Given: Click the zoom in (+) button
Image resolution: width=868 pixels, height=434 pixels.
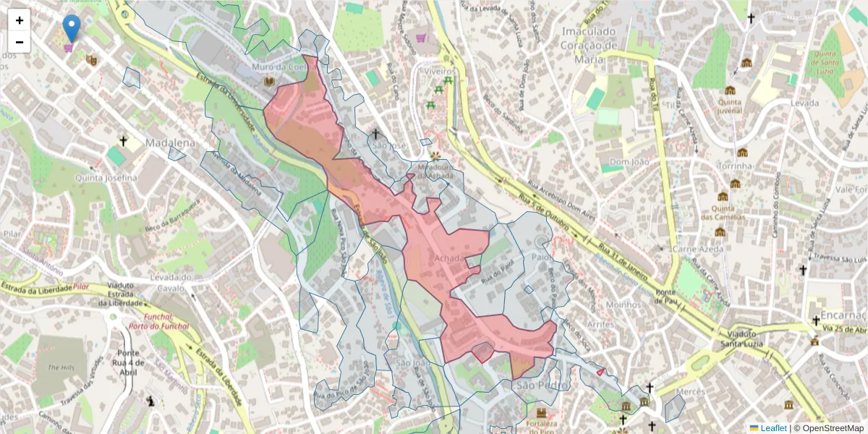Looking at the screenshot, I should [20, 20].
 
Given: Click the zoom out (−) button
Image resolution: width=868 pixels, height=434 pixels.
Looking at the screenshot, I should [20, 42].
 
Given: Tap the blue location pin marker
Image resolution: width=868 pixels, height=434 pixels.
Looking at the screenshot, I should [72, 28].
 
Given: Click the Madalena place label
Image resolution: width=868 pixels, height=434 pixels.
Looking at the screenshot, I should [171, 143].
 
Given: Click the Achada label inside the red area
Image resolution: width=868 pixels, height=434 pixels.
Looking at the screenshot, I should [449, 258].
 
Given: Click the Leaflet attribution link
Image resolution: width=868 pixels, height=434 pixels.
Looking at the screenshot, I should [773, 428].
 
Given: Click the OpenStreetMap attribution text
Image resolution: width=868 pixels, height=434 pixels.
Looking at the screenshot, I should [832, 428].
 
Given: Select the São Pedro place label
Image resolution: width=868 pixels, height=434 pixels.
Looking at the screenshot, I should [535, 385].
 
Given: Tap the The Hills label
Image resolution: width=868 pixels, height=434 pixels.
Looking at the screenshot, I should [61, 367].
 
